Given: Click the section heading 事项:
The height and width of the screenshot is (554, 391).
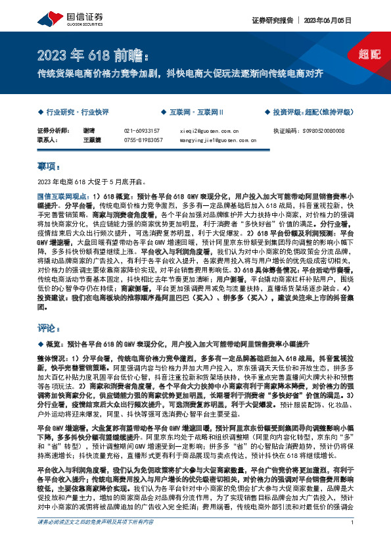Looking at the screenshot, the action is (x=49, y=166).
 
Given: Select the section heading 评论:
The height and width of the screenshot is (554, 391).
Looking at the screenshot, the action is (x=49, y=326).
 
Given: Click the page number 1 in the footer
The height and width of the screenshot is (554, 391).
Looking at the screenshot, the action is (x=353, y=540).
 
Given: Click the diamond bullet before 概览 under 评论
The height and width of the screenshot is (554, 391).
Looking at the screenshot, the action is (x=41, y=343).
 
